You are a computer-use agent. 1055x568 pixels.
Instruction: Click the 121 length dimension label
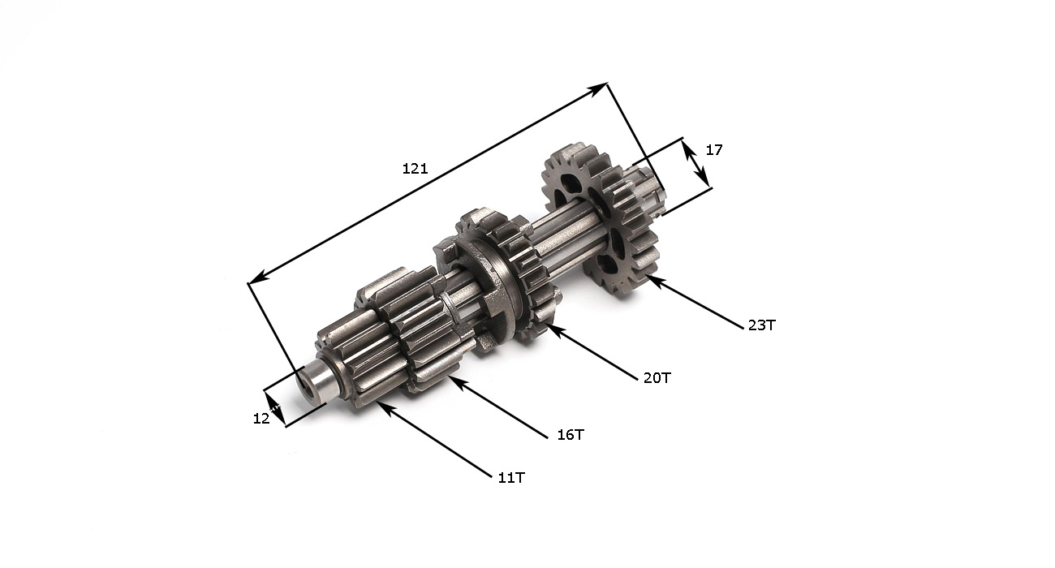[415, 168]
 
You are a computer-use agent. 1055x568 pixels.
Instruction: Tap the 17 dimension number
[714, 150]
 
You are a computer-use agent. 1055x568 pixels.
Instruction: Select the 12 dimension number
[261, 418]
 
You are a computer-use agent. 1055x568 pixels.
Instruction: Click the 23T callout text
[761, 325]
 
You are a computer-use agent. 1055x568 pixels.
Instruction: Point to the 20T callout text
[657, 378]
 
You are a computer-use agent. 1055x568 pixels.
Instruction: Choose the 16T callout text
[571, 435]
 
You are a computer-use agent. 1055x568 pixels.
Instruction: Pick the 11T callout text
[511, 478]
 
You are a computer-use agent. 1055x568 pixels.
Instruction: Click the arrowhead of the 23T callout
[655, 282]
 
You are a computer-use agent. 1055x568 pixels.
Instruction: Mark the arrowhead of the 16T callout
[458, 382]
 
